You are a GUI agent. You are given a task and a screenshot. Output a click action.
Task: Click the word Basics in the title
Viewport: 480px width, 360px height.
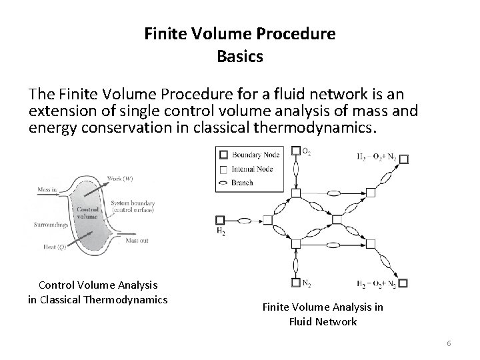pos(240,57)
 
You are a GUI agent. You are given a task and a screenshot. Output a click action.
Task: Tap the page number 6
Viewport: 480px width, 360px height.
pos(449,343)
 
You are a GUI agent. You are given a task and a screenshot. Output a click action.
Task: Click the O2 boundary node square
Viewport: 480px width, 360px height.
pos(297,151)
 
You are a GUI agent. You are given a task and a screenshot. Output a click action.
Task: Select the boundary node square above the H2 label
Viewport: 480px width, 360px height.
pos(220,219)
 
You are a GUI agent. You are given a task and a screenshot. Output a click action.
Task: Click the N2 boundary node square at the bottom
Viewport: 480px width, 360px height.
pos(297,283)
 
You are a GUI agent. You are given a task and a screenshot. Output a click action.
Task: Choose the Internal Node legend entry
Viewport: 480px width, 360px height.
pos(251,169)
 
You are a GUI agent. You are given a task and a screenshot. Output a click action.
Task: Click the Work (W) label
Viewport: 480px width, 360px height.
pos(119,179)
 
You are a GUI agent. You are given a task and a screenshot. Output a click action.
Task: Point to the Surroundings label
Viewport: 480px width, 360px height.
pos(51,225)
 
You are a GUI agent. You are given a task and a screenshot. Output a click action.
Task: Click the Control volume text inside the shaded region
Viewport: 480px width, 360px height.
pos(88,213)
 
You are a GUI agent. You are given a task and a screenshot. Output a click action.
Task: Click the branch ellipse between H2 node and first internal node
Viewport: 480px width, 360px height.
pos(244,219)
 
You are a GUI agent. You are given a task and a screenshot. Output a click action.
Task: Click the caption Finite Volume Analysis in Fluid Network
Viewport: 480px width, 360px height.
pos(323,314)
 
